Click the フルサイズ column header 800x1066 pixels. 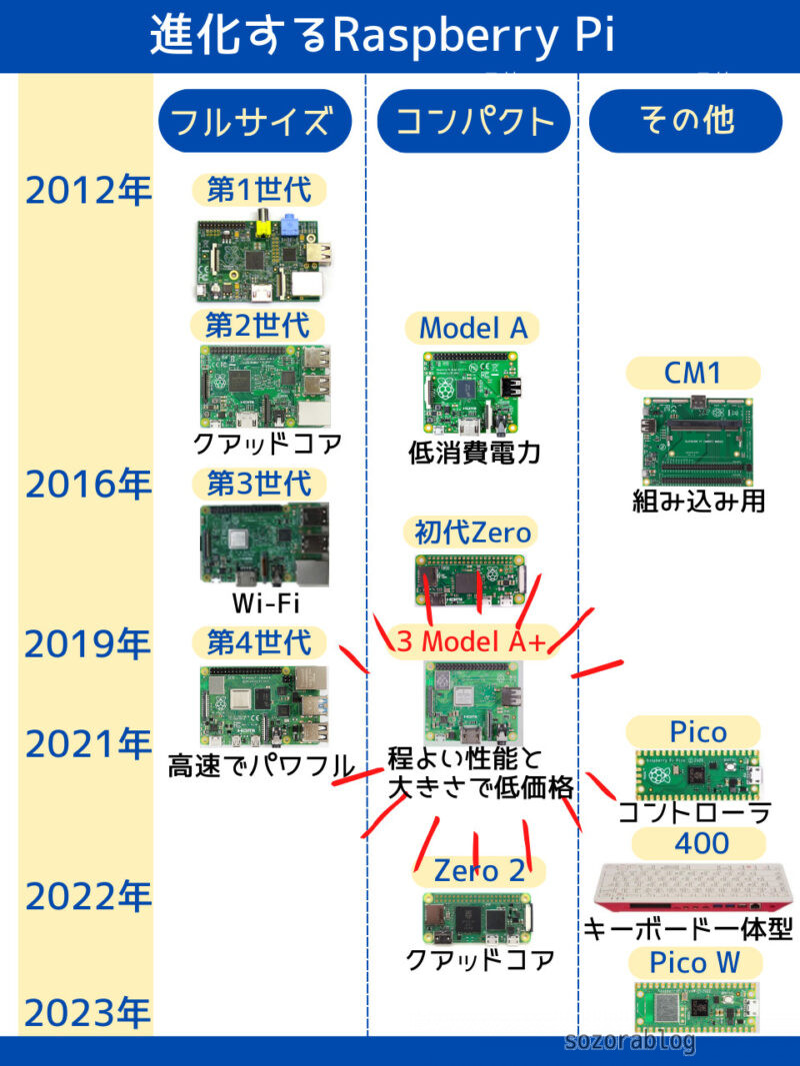[x=255, y=121]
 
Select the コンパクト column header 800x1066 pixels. [x=474, y=121]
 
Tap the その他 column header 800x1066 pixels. [x=686, y=121]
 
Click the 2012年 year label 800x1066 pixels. [x=88, y=190]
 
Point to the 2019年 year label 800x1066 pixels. [x=88, y=644]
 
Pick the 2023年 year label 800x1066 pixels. [x=88, y=1013]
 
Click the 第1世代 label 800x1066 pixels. [x=259, y=188]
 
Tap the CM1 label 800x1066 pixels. [x=693, y=373]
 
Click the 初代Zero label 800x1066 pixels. [x=473, y=532]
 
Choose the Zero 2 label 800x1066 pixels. [x=479, y=870]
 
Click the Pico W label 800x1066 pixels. [x=694, y=963]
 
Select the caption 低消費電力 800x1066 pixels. [x=474, y=453]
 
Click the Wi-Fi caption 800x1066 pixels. [x=265, y=603]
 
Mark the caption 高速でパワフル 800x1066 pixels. [x=261, y=767]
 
